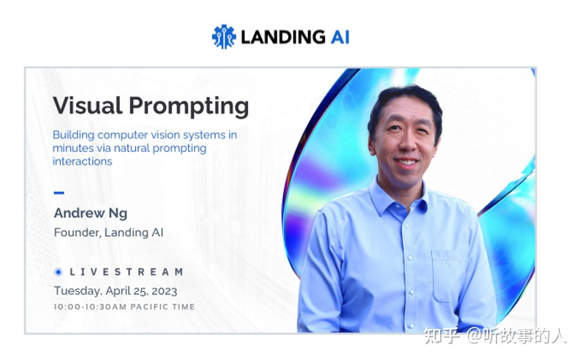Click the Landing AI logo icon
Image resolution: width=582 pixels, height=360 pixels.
(223, 37)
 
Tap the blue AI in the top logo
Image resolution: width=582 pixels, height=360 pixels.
(339, 37)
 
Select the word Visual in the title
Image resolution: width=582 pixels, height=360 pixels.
(87, 106)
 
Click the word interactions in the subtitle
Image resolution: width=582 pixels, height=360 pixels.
(82, 161)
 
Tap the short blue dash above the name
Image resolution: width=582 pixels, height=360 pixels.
(59, 193)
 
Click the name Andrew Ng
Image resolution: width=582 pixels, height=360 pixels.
(91, 213)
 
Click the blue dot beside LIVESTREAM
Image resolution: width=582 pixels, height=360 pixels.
(58, 272)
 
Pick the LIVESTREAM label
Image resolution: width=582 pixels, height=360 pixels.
(126, 272)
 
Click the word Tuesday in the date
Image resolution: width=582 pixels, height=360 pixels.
(77, 291)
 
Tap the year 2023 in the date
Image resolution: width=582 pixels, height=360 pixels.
(164, 291)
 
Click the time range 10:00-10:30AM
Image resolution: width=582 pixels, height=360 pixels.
(90, 307)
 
